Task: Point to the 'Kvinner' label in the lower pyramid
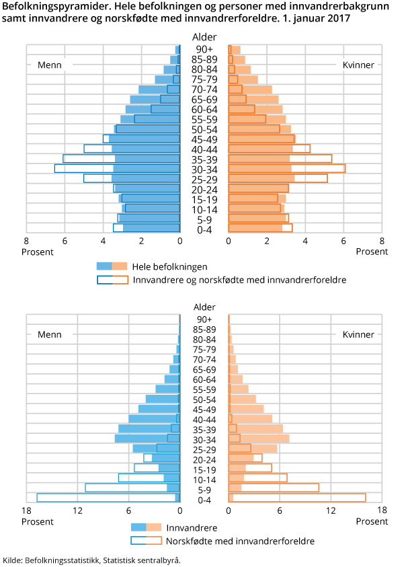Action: click(358, 334)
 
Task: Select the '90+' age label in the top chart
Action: click(204, 50)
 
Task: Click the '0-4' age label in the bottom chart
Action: click(204, 500)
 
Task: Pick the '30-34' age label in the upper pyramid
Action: click(204, 169)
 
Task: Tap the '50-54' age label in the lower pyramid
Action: click(204, 400)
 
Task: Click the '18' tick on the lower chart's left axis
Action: click(27, 511)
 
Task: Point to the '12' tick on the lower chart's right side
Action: click(331, 511)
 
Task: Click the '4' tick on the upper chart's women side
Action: click(305, 241)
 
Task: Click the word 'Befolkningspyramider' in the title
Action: click(48, 6)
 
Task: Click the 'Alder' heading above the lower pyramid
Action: click(204, 307)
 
